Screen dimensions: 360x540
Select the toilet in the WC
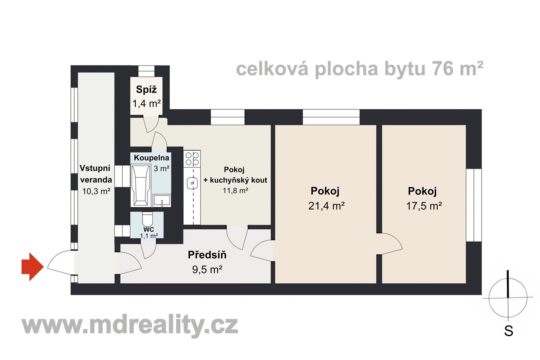pos(147,219)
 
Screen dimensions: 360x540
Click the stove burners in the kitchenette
pos(192,159)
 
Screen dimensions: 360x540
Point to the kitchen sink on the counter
pos(192,183)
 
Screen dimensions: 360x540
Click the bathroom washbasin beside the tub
pos(162,201)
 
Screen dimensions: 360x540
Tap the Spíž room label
pos(146,89)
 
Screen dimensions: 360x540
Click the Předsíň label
pos(207,255)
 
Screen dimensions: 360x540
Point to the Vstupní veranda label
pos(96,174)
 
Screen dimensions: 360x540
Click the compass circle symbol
pos(508,298)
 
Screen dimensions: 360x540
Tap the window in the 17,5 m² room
pos(474,205)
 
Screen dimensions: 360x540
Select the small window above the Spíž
pos(146,71)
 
